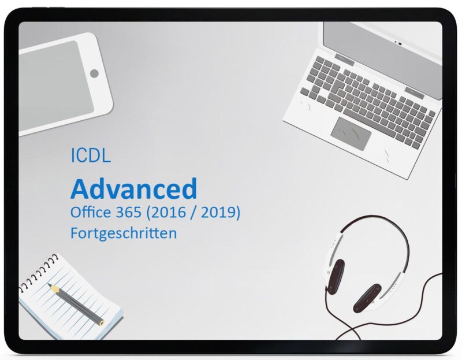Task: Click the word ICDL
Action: pyautogui.click(x=90, y=156)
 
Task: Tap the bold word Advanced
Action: pyautogui.click(x=133, y=188)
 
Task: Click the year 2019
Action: pyautogui.click(x=220, y=213)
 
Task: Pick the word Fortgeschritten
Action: pyautogui.click(x=123, y=233)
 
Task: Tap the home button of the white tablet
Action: pyautogui.click(x=94, y=73)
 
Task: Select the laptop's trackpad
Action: pyautogui.click(x=351, y=133)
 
